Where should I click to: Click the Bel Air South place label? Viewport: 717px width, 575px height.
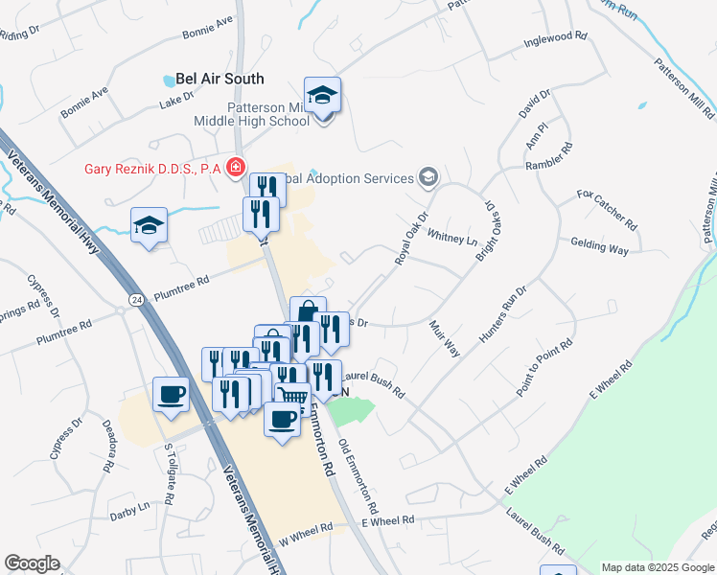[x=220, y=79]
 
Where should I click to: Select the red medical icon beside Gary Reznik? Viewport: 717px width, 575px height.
[x=234, y=168]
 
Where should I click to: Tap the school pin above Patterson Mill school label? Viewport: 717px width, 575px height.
[x=322, y=97]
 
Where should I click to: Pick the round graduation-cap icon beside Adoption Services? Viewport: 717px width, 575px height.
[x=428, y=177]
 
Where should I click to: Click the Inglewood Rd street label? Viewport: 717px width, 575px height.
[x=555, y=39]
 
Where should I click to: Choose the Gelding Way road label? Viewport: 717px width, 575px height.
[x=599, y=248]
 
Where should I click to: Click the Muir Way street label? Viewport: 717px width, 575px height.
[x=446, y=338]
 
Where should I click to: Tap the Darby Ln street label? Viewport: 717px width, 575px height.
[x=130, y=505]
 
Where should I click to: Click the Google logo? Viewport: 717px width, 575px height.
[x=32, y=563]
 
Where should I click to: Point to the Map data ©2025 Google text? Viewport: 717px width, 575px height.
[x=657, y=567]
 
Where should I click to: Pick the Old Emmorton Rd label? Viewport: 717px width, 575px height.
[x=359, y=474]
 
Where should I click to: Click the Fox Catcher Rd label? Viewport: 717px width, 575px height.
[x=606, y=209]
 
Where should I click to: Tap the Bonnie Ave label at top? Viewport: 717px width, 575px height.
[x=208, y=27]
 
